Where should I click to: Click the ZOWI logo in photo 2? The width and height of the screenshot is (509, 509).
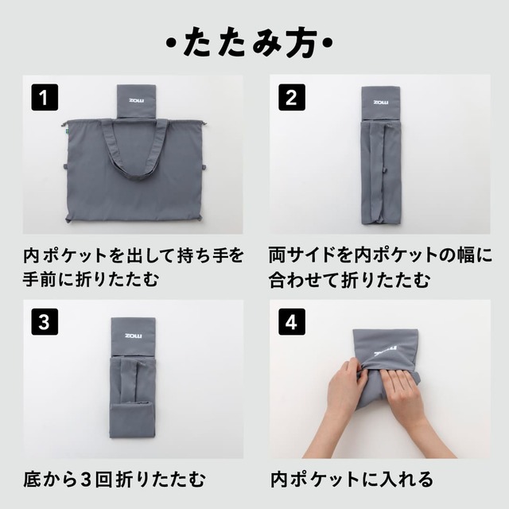[381, 102]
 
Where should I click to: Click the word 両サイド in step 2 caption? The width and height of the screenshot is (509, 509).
[306, 256]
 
